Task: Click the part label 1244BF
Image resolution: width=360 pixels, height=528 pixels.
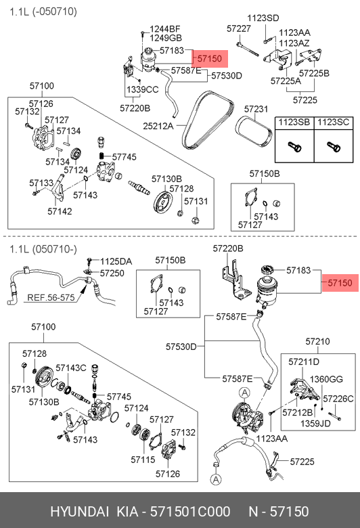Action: pos(165,29)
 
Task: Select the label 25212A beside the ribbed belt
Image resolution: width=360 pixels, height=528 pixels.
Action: pos(158,126)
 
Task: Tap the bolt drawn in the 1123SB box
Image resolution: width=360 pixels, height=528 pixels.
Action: pos(294,147)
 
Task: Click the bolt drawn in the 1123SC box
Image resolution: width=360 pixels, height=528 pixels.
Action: pos(334,147)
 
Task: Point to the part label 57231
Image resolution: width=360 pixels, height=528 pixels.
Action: pos(256,109)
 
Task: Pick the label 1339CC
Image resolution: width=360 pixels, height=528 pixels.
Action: pos(143,89)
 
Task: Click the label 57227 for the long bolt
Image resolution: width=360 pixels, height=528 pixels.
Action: pos(239,28)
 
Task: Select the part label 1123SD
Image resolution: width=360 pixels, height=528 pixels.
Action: pos(263,18)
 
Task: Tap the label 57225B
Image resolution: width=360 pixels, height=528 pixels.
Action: pos(314,73)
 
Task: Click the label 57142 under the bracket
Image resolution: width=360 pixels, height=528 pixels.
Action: pos(60,211)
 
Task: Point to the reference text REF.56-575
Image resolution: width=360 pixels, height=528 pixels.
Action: pos(51,298)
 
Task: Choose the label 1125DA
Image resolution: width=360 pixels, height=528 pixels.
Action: pos(116,262)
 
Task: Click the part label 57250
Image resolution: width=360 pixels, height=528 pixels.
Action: pos(112,273)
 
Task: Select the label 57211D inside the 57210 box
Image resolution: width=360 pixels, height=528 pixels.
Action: pos(304,362)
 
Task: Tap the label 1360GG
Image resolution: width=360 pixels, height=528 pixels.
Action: pos(326,379)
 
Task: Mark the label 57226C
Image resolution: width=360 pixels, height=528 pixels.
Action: pos(338,399)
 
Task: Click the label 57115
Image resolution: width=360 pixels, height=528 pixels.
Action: pos(143,460)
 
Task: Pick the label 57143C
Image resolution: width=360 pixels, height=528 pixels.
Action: pos(71,368)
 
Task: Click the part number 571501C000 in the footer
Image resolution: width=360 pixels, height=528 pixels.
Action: pos(190,512)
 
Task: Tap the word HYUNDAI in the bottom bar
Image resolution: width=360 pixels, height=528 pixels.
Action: pos(79,512)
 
